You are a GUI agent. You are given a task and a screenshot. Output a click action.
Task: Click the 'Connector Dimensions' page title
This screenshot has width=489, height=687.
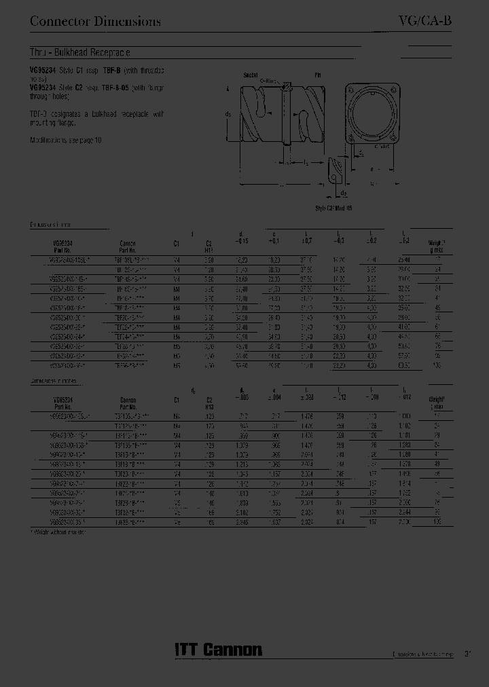point(95,21)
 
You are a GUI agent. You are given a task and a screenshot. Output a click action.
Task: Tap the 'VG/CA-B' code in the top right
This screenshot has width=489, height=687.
point(424,21)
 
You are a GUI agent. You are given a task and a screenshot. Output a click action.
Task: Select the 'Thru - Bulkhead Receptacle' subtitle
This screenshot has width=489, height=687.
point(79,52)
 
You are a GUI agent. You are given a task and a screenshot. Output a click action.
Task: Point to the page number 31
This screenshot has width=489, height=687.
point(468,654)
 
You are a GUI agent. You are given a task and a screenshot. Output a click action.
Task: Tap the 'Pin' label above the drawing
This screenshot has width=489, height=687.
point(316,75)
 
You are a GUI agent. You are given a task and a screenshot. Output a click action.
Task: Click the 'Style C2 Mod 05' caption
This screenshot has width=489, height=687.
point(333,209)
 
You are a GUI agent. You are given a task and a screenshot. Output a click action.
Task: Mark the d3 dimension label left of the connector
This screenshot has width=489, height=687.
point(228,115)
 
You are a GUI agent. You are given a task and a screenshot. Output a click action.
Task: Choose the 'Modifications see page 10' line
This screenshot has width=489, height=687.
point(65,140)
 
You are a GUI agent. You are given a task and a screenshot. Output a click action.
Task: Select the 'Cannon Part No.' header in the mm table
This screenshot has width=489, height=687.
point(128,246)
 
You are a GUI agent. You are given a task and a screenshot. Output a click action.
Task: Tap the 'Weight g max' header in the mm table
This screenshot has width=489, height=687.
point(436,246)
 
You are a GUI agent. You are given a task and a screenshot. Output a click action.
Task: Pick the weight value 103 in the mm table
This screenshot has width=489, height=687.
point(437,365)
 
